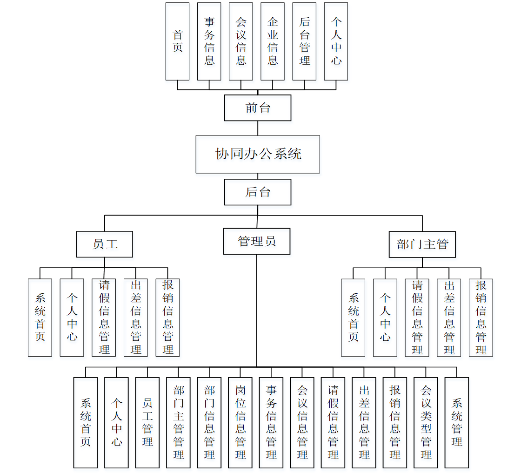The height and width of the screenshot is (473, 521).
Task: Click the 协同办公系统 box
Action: (258, 154)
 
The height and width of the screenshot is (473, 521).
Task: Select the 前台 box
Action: (258, 108)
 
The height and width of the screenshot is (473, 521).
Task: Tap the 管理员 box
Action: (257, 241)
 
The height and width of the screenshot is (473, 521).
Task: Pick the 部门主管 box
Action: (422, 244)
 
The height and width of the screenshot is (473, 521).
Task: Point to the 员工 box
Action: (105, 244)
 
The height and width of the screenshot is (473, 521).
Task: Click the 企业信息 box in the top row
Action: (273, 41)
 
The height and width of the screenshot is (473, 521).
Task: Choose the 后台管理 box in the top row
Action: (304, 41)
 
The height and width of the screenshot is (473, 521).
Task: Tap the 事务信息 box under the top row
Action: (209, 41)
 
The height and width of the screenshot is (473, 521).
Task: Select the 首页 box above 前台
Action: (178, 41)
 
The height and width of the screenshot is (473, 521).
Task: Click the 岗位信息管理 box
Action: (240, 422)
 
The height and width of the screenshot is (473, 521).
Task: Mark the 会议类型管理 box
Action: (426, 422)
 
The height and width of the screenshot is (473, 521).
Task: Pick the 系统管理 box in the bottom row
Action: (457, 422)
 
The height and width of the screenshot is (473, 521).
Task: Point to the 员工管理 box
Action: (147, 422)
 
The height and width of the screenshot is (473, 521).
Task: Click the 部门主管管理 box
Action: (179, 422)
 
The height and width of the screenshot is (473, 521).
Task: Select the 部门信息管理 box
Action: (209, 422)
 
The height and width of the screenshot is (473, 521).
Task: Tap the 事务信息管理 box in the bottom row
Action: (271, 422)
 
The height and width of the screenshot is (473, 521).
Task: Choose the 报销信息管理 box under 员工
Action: (167, 318)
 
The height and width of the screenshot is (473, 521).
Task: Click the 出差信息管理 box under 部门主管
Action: (449, 318)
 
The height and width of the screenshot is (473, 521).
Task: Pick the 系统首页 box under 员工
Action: (40, 318)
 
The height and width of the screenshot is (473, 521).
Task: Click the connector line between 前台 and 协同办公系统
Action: (258, 128)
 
